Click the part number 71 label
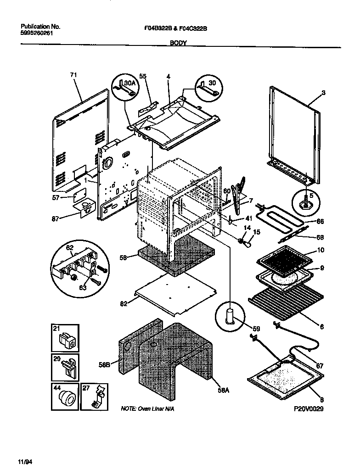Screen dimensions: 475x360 coord(73,75)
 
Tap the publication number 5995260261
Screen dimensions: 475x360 coord(39,34)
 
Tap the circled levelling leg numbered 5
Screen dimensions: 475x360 coord(304,201)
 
